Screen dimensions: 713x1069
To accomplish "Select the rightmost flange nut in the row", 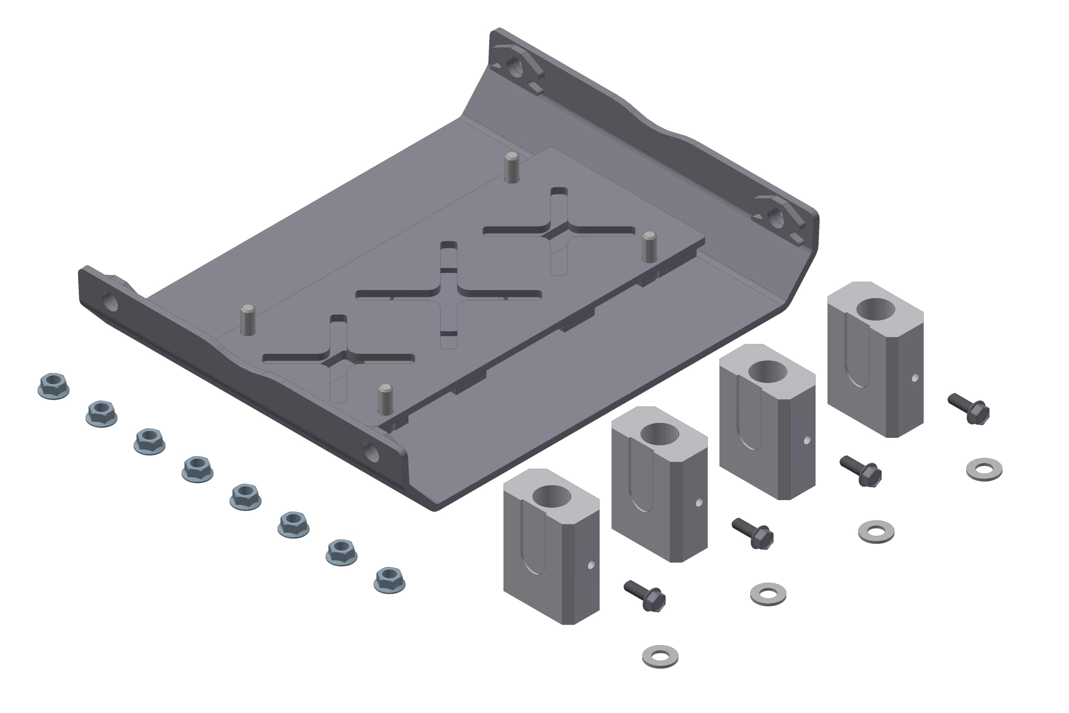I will (x=390, y=580).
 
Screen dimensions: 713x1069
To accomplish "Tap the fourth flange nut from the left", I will (x=197, y=469).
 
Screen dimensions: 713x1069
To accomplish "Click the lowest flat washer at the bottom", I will (x=660, y=656).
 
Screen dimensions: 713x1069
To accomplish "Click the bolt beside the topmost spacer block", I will (x=969, y=409).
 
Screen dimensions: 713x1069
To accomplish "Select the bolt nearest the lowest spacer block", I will (x=645, y=596).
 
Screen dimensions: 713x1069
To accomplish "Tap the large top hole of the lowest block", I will (x=551, y=496).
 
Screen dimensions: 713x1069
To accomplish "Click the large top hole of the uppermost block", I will (x=875, y=309).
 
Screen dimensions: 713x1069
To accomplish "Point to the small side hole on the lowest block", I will (x=591, y=565).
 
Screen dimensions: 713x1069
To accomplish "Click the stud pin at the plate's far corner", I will (x=512, y=167).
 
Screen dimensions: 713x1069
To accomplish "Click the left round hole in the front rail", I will (x=110, y=302).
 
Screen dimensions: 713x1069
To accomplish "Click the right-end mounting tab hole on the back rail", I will (x=776, y=219).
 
